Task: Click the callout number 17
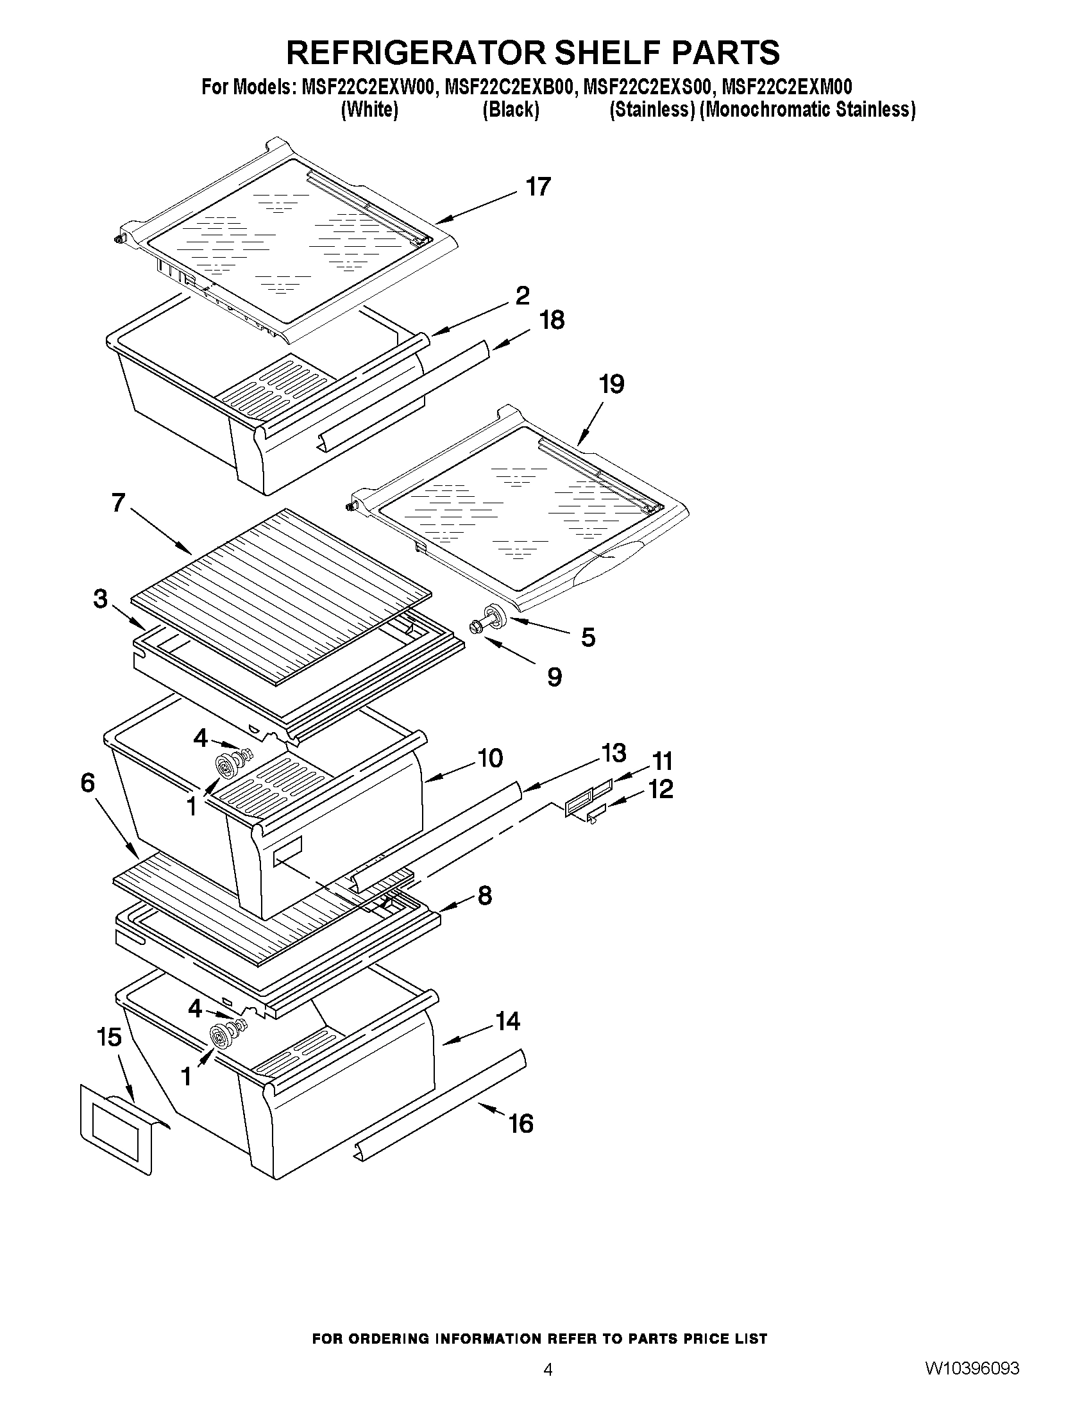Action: click(537, 187)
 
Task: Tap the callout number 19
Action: click(611, 385)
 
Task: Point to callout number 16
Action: click(521, 1124)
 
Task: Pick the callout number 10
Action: click(490, 758)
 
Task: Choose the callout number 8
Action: click(485, 896)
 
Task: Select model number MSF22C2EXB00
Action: click(509, 87)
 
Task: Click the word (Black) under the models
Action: click(511, 110)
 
